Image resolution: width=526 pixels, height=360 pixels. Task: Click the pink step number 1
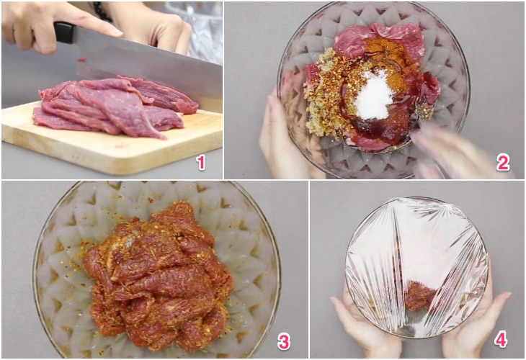click(200, 163)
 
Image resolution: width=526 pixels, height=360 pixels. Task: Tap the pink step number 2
click(503, 163)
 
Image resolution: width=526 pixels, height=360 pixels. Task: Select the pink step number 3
click(283, 341)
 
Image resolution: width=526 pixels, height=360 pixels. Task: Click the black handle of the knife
click(64, 33)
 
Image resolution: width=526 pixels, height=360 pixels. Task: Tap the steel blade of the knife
click(148, 67)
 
